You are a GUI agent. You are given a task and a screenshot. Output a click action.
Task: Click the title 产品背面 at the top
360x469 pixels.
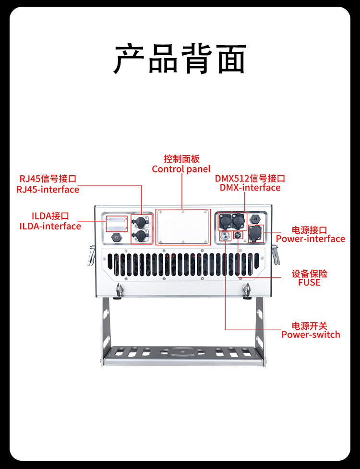tap(180, 59)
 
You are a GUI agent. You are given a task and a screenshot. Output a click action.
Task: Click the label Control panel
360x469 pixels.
tap(181, 169)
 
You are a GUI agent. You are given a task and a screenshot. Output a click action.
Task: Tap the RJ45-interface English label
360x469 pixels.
tap(48, 190)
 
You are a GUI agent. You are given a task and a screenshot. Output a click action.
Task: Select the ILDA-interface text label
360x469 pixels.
tap(50, 226)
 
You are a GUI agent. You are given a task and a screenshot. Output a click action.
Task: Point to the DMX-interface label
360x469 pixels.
tap(250, 188)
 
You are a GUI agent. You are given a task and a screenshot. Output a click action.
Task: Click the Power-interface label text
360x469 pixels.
tap(310, 239)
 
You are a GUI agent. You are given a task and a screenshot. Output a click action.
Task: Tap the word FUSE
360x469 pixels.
tap(309, 283)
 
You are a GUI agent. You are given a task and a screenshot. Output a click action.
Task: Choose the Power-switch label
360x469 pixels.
tap(311, 335)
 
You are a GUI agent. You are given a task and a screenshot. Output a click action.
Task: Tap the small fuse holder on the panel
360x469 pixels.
tap(237, 235)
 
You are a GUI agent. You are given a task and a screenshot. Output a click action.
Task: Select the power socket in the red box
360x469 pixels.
tap(256, 234)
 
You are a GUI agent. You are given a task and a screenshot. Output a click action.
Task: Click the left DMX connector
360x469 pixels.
tap(225, 221)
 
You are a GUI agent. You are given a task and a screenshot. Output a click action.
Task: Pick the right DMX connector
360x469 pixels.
tap(239, 221)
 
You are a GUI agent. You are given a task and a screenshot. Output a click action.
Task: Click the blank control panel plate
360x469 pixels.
tap(183, 227)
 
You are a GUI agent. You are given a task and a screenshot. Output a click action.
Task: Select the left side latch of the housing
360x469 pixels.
tap(91, 255)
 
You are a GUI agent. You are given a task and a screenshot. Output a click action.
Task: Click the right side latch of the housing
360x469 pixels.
tap(276, 255)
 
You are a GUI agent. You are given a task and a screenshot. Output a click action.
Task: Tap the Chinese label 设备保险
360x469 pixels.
tap(309, 274)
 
